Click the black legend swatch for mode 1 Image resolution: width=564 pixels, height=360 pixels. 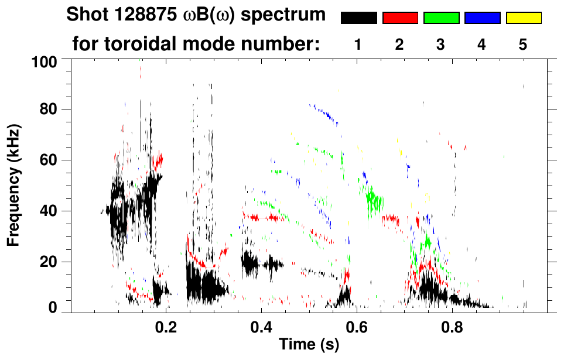coord(358,18)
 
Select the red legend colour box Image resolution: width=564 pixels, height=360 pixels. coord(400,18)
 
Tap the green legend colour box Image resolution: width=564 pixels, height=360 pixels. coord(441,18)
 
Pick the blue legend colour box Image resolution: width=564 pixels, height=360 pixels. coord(482,18)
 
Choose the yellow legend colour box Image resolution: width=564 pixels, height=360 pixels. coord(524,18)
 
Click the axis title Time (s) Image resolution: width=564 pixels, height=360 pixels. coord(308,345)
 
